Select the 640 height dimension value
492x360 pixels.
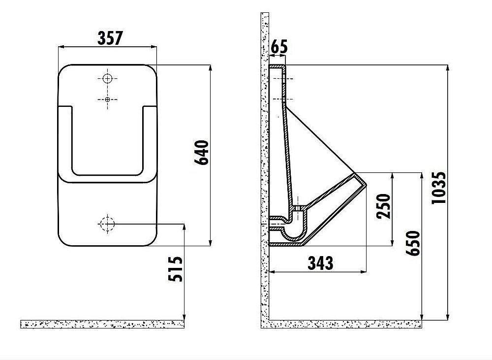tap(203, 154)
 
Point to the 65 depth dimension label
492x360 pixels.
tap(279, 48)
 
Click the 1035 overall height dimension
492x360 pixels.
tap(439, 188)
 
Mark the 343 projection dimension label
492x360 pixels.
tap(320, 263)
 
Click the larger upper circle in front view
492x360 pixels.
tap(108, 78)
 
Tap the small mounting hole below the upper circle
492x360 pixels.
tap(108, 99)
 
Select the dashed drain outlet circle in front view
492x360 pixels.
tap(107, 224)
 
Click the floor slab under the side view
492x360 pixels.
tap(344, 324)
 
